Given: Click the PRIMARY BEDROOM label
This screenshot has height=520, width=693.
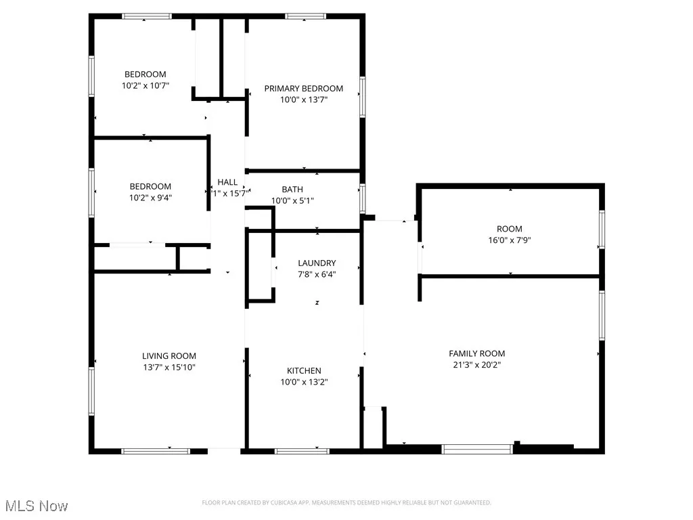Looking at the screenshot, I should point(303,89).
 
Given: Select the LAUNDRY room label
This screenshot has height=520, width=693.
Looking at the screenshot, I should point(317,263).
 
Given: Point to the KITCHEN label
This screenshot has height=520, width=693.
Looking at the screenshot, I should point(304,371).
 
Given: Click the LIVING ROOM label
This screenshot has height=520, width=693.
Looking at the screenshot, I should point(169,356).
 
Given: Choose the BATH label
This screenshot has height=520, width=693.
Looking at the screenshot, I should point(292,190).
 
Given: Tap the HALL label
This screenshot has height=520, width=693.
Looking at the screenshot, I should point(227,182).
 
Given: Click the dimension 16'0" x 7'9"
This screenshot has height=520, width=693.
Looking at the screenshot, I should point(509,240).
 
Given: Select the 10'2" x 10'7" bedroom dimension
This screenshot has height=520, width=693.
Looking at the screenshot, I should point(145,86).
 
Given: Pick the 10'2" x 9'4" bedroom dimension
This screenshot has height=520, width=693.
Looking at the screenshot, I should point(150,198).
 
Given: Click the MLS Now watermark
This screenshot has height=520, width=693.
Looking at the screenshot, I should point(36,506).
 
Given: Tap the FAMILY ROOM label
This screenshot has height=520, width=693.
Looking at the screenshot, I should point(476,353).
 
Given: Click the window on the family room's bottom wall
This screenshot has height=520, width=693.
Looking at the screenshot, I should point(477,448).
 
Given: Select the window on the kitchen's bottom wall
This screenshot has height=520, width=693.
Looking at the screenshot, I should point(302,450).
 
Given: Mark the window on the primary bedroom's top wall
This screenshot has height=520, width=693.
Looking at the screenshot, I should point(305,16).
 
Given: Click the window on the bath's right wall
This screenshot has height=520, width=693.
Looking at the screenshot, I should point(363,199).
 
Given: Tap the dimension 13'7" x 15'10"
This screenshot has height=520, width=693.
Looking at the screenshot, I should point(169,368).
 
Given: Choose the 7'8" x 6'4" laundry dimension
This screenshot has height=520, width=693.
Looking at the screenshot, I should point(317,275).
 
